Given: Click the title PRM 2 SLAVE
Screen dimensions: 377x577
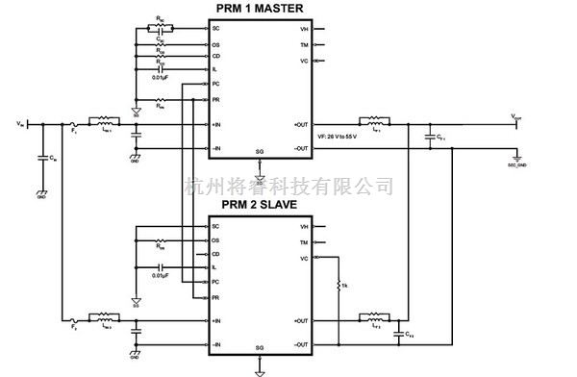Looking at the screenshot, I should pyautogui.click(x=258, y=205).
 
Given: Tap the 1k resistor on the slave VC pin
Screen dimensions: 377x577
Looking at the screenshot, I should pyautogui.click(x=339, y=287).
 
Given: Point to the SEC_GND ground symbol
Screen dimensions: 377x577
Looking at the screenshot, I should pyautogui.click(x=516, y=159).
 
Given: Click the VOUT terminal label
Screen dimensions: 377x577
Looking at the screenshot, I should pyautogui.click(x=516, y=116).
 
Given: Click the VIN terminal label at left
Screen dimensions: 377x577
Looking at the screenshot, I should pyautogui.click(x=21, y=124).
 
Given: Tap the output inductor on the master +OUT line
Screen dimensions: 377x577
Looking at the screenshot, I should pyautogui.click(x=372, y=122).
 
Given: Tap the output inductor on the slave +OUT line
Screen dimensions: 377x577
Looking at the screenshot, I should pyautogui.click(x=372, y=318).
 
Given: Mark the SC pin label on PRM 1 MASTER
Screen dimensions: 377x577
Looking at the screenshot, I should pyautogui.click(x=216, y=29).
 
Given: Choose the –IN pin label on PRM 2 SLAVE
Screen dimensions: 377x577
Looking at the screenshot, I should pyautogui.click(x=217, y=343).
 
